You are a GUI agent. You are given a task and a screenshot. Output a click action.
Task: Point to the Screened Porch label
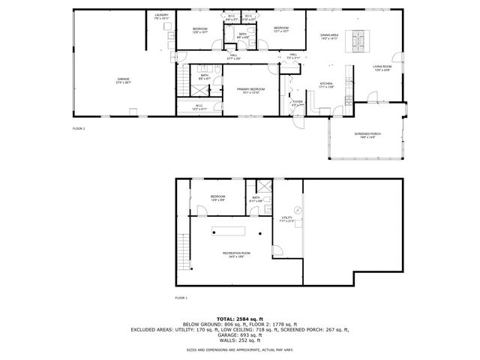coord(367,134)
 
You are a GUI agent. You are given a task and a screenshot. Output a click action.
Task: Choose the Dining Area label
coord(330,35)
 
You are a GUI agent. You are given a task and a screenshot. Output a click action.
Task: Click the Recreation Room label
coord(235,253)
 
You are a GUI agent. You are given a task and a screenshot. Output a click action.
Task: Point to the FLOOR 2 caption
coord(79,128)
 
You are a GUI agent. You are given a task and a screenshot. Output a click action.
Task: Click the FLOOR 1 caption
coord(181,298)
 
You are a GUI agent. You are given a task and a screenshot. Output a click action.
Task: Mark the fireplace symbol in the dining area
coord(356,37)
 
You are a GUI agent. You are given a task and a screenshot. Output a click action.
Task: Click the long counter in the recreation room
coord(229,229)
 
